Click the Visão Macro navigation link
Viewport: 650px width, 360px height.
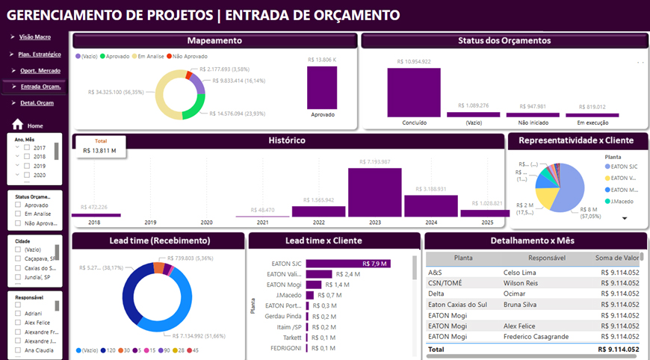pyautogui.click(x=34, y=37)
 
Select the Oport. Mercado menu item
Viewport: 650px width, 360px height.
pyautogui.click(x=39, y=70)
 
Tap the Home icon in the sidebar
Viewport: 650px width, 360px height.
pyautogui.click(x=18, y=125)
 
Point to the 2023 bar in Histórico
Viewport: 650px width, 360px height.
pyautogui.click(x=374, y=193)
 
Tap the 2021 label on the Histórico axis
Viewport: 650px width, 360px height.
pyautogui.click(x=262, y=223)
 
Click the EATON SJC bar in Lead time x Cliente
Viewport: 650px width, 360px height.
pyautogui.click(x=348, y=263)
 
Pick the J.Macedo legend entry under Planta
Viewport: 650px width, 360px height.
pyautogui.click(x=625, y=200)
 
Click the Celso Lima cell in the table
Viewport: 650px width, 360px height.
pyautogui.click(x=519, y=273)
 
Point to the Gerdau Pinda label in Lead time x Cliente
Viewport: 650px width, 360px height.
pyautogui.click(x=284, y=316)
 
